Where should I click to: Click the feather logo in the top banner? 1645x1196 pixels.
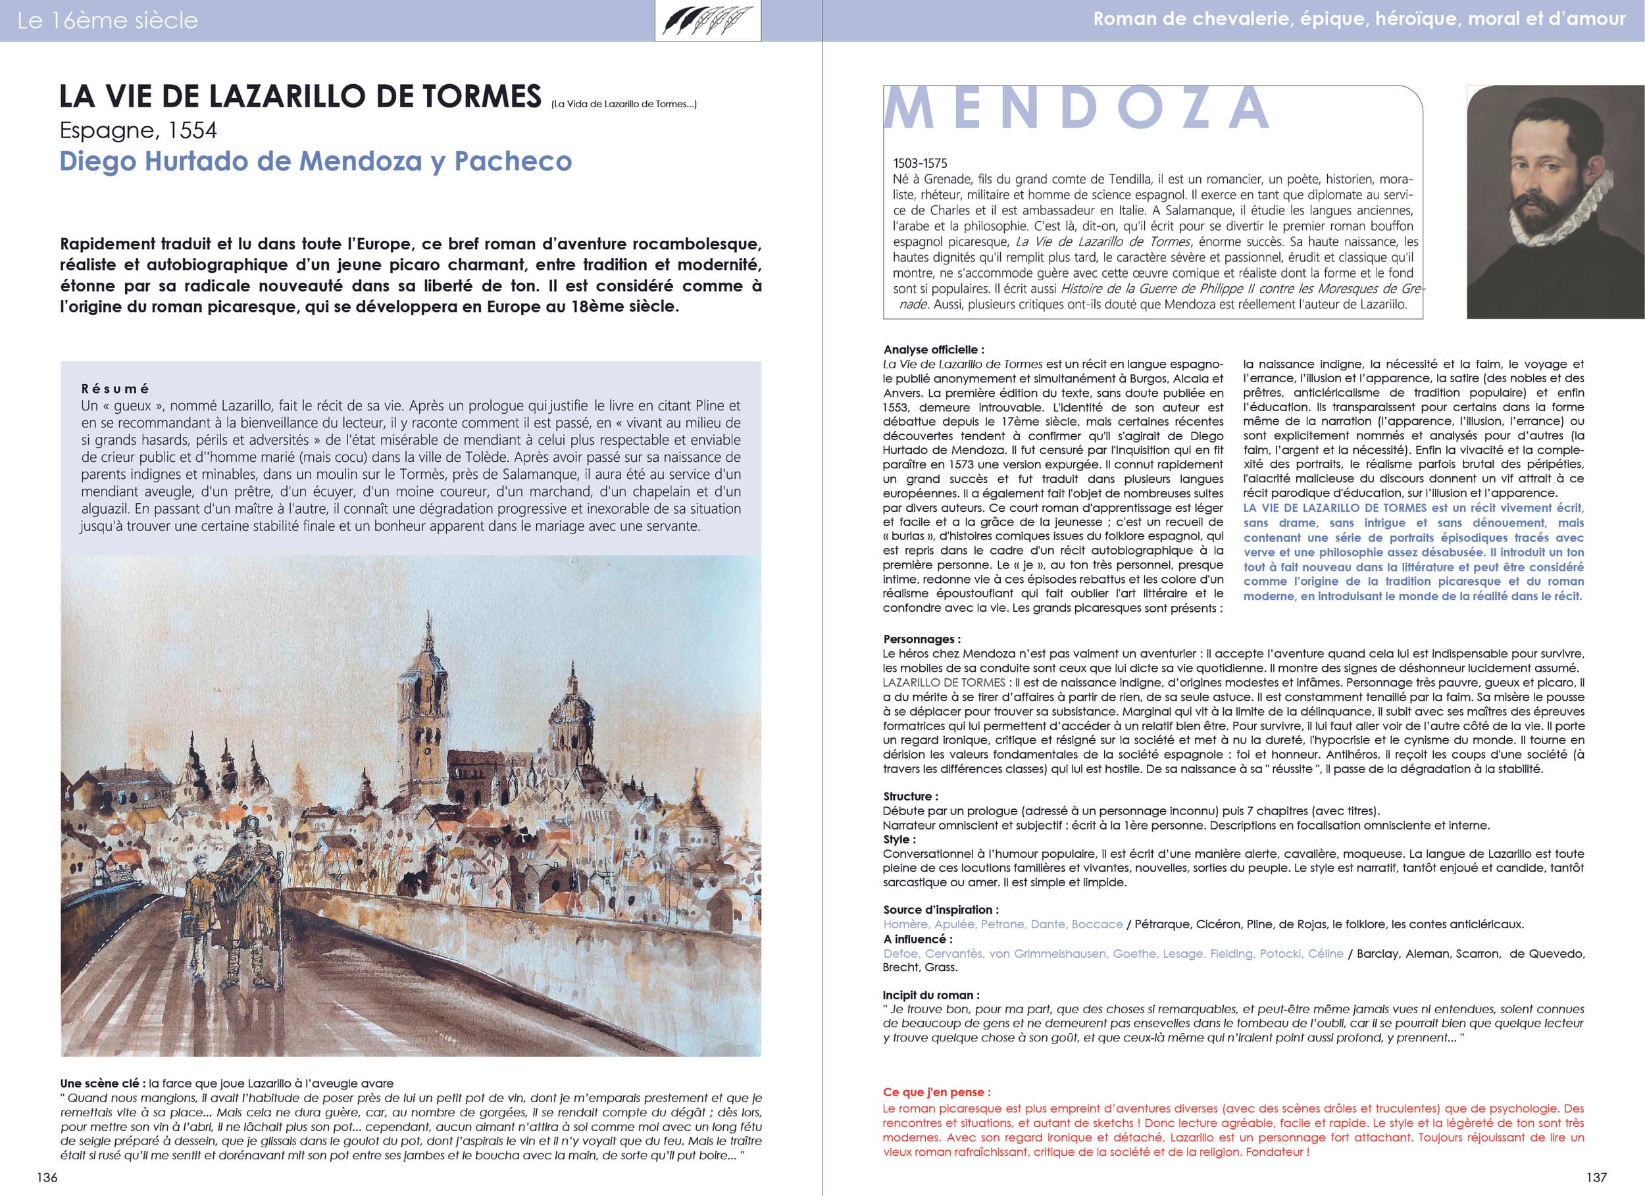coord(707,21)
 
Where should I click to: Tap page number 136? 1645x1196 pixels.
coord(47,1177)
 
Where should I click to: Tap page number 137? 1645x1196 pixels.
coord(1596,1177)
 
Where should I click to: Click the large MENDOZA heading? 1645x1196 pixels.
coord(1076,109)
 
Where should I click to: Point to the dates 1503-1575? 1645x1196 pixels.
coord(920,163)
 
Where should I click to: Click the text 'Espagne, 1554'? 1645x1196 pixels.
coord(138,130)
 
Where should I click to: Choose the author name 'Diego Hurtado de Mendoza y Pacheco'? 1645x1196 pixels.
coord(315,161)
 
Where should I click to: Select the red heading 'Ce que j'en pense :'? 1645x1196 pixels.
coord(936,1092)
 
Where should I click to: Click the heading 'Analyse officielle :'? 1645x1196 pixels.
coord(934,349)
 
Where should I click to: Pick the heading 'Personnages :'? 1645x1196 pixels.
coord(921,639)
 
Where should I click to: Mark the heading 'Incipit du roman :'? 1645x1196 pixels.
coord(930,995)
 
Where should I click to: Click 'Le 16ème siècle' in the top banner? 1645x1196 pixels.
coord(107,20)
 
